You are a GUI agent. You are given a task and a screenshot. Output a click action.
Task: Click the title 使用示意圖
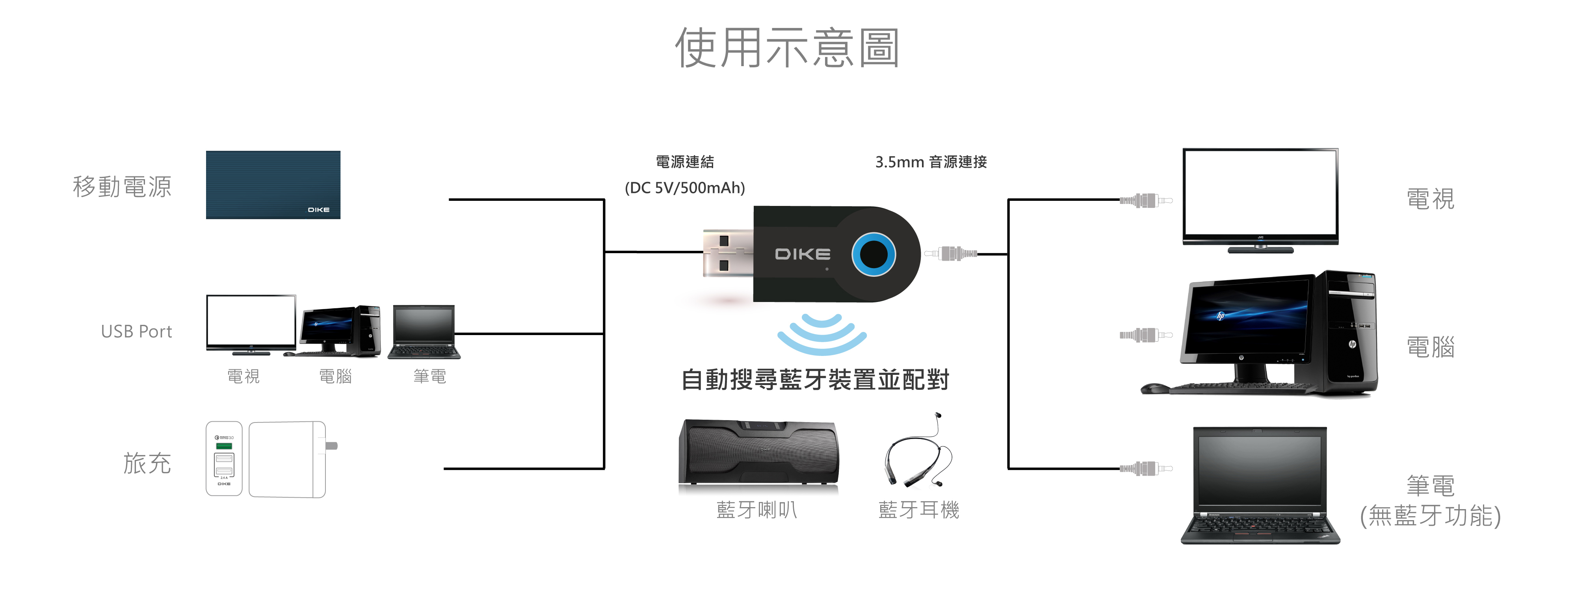tap(787, 48)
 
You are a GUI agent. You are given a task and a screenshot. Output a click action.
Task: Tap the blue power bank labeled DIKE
tap(273, 185)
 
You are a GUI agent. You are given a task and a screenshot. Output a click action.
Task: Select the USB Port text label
tap(136, 331)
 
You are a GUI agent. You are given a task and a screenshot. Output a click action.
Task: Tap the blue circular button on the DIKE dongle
tap(873, 254)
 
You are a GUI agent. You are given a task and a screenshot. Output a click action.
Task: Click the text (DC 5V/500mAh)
tap(685, 188)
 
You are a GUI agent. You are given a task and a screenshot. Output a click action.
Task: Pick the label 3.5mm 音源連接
tap(931, 162)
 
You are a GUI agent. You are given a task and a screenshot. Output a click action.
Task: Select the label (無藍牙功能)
tap(1430, 516)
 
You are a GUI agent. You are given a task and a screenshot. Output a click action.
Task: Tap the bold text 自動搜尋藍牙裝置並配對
tap(815, 380)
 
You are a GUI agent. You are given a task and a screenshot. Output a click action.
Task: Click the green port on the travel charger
tap(224, 446)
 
